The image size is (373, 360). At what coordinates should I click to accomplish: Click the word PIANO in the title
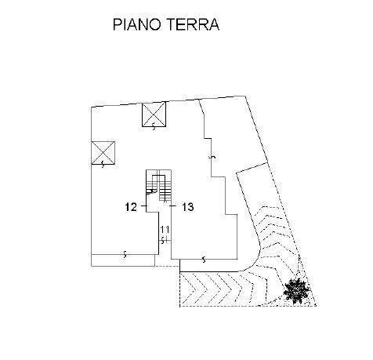pos(136,24)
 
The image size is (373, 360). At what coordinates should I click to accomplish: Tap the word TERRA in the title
pos(193,24)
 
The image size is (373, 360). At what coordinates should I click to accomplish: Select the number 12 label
pos(131,207)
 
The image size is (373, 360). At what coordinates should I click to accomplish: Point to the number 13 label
pos(188,207)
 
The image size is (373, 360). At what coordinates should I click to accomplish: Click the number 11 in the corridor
pos(165,230)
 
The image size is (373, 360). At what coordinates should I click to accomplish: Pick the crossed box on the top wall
pos(154,115)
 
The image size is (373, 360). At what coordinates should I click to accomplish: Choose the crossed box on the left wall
pos(103,153)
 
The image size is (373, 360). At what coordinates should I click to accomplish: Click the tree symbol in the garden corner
pos(297,290)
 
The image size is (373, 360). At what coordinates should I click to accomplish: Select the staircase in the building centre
pos(158,186)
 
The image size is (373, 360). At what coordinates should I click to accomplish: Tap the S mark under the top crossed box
pos(154,127)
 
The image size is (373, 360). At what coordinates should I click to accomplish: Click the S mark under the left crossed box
pos(103,165)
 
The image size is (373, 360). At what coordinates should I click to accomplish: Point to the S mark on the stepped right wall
pos(213,157)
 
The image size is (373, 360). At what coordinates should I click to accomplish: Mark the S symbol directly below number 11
pos(163,240)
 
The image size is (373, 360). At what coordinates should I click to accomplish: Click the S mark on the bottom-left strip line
pos(125,254)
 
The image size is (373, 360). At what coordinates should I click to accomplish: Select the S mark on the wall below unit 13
pos(204,260)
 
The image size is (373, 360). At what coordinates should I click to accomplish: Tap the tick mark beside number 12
pos(144,206)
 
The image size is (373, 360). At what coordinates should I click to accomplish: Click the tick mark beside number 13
pos(173,206)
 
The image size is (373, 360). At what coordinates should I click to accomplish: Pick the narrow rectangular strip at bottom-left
pos(123,260)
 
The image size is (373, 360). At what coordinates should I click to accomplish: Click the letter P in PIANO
pos(117,24)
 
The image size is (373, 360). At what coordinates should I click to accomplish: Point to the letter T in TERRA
pos(170,24)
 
